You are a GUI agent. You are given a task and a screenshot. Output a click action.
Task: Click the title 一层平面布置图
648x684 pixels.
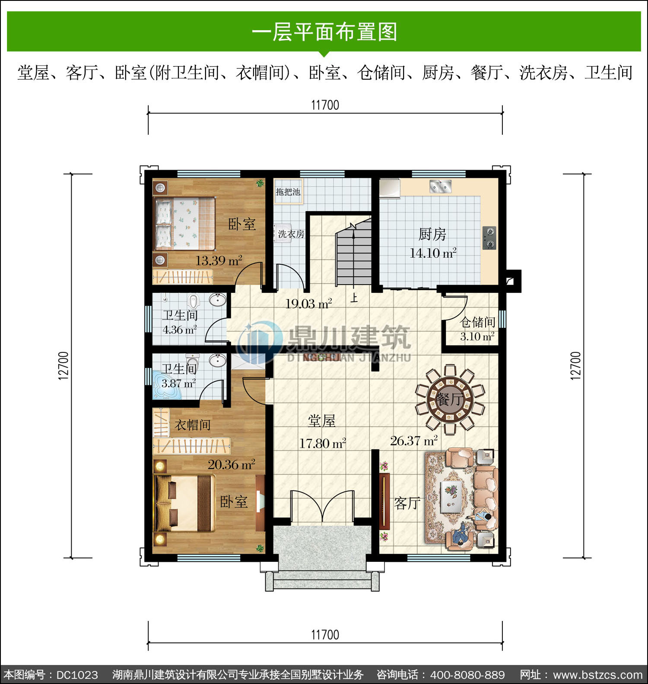[x=324, y=32]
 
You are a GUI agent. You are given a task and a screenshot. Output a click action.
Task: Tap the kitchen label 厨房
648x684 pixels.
[x=432, y=234]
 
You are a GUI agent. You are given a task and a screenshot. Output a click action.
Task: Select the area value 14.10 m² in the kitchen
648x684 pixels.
[x=433, y=253]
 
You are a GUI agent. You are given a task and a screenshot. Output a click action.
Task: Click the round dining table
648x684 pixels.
[x=450, y=399]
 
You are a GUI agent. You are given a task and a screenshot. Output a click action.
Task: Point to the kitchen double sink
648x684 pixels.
[x=440, y=187]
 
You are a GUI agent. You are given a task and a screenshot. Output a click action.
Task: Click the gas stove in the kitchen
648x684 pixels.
[x=489, y=238]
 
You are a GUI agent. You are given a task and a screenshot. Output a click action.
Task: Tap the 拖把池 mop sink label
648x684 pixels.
[x=288, y=192]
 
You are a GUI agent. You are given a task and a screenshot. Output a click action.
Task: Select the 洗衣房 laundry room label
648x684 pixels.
[x=291, y=234]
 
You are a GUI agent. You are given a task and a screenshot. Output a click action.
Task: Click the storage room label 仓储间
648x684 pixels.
[x=478, y=322]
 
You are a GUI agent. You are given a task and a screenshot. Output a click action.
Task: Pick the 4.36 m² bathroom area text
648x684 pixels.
[x=180, y=330]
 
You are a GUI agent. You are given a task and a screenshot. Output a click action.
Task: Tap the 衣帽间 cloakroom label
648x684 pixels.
[x=193, y=425]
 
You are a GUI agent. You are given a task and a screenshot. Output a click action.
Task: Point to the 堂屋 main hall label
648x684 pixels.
[x=321, y=421]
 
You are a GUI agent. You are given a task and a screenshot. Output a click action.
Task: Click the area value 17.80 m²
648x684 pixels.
[x=323, y=443]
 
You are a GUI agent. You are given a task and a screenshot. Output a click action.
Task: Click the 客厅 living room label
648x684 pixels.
[x=407, y=503]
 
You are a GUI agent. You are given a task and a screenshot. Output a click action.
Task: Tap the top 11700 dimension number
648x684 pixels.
[x=325, y=105]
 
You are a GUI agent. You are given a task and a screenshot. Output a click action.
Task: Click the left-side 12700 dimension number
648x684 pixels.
[x=64, y=366]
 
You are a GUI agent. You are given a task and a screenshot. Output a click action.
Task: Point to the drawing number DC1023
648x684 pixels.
[x=77, y=675]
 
